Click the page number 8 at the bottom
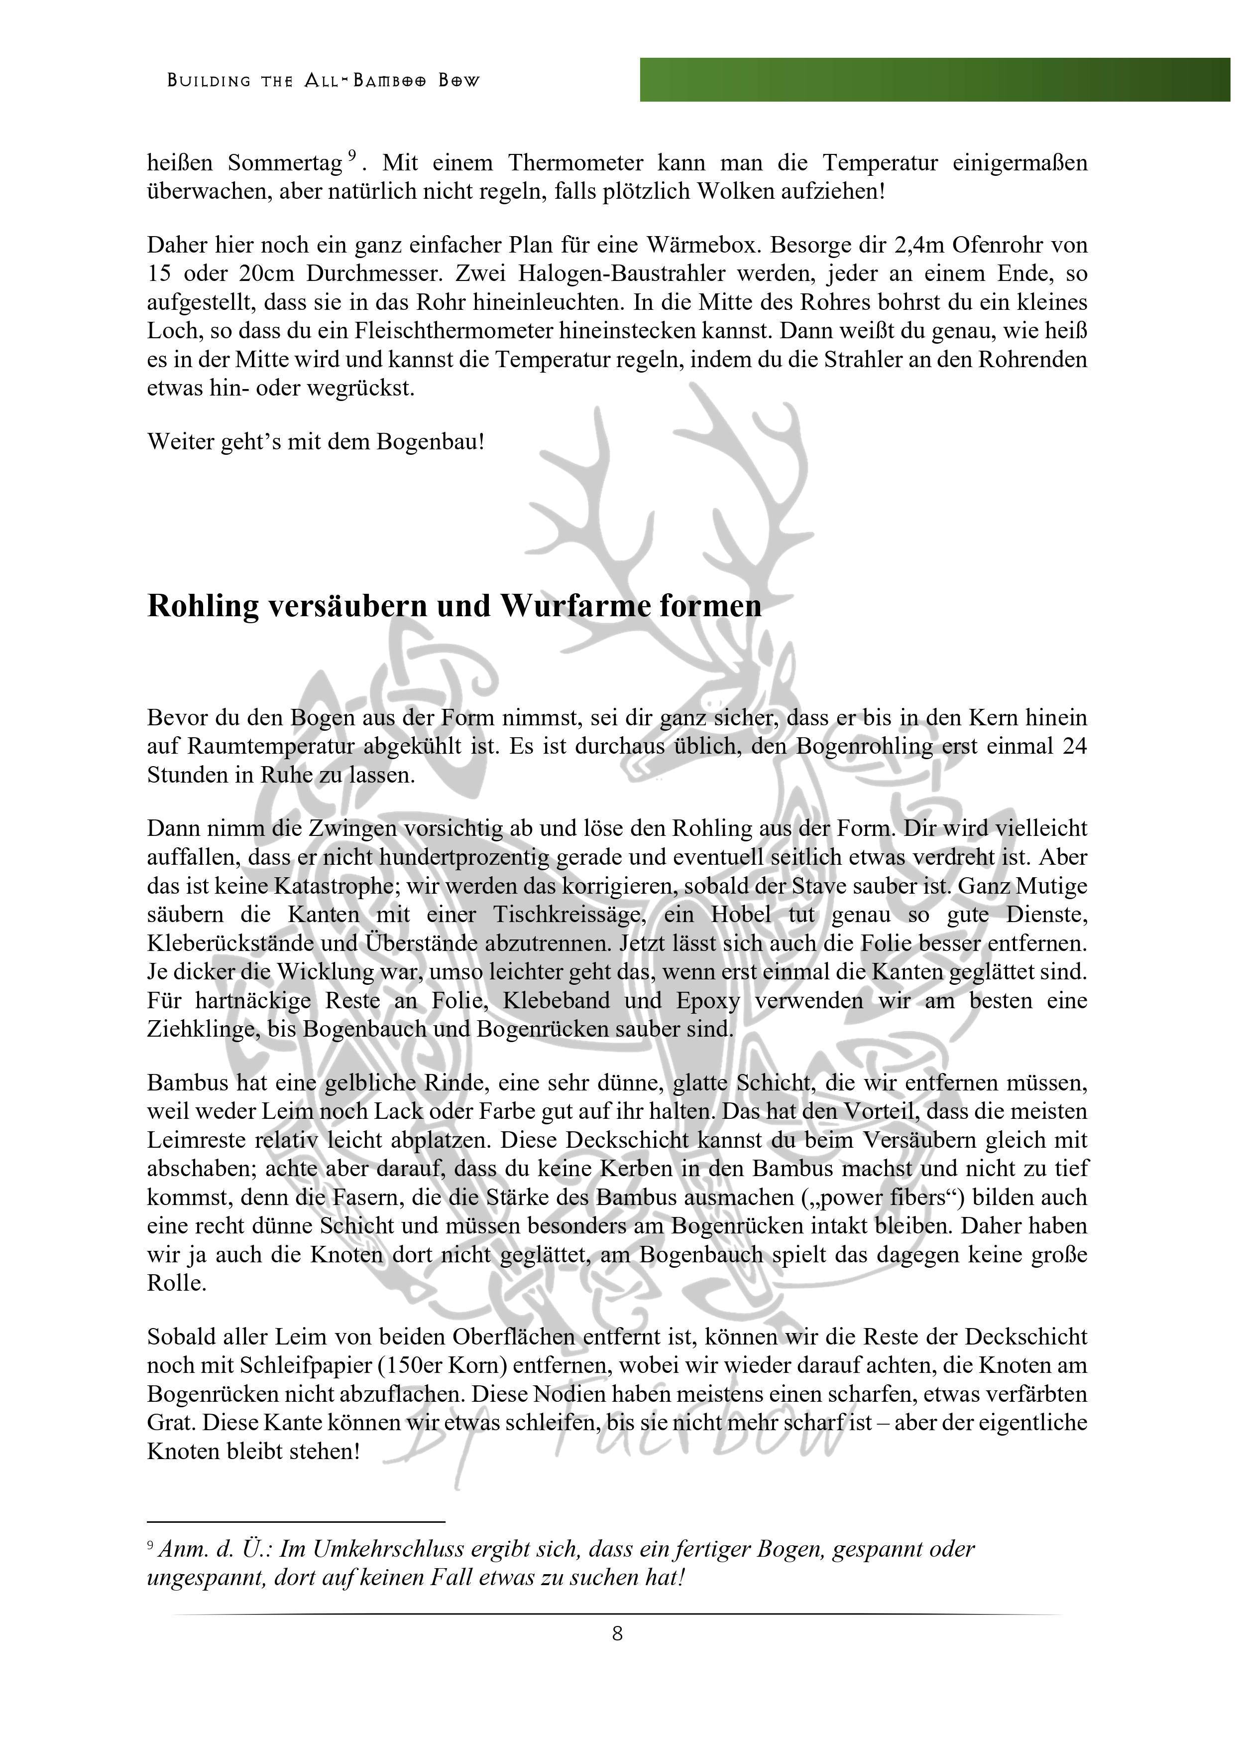(x=617, y=1632)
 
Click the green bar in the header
(x=934, y=79)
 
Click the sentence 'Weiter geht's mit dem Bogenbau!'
(x=316, y=441)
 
